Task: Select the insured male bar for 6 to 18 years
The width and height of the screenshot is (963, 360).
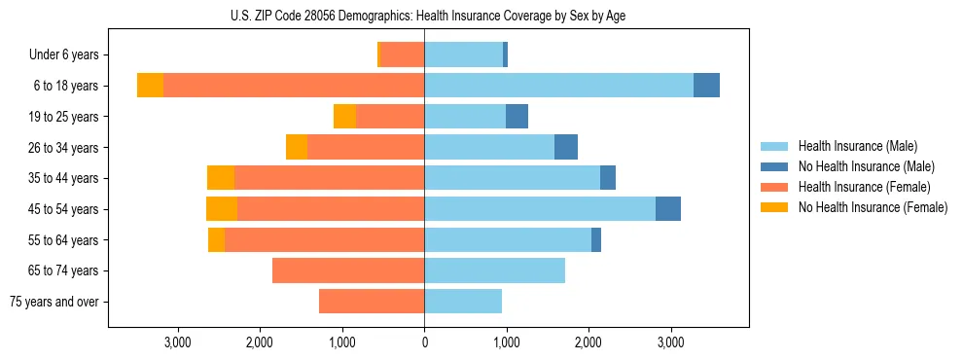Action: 558,86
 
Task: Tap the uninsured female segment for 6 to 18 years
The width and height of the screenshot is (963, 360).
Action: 150,86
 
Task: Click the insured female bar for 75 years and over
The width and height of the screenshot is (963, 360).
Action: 372,302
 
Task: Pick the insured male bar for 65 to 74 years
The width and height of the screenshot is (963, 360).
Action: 494,270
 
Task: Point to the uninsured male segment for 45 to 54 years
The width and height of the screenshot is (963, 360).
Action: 668,209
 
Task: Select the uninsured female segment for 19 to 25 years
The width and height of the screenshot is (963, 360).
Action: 344,117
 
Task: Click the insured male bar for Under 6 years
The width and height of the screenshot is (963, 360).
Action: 463,54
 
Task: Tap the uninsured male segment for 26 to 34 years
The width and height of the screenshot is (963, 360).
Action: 566,147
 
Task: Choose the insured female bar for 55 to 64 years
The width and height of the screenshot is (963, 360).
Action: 324,240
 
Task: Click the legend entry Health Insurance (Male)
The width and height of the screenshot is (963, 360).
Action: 857,146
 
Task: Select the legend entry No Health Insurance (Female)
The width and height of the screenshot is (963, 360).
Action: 873,207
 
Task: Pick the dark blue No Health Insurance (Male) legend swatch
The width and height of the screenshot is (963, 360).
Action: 775,166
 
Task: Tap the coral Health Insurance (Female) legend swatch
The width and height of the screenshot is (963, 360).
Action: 775,187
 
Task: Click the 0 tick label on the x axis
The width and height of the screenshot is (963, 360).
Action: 424,342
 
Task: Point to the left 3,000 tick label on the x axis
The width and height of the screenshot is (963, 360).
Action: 177,342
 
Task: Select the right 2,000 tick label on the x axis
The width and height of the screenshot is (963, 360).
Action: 588,342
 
